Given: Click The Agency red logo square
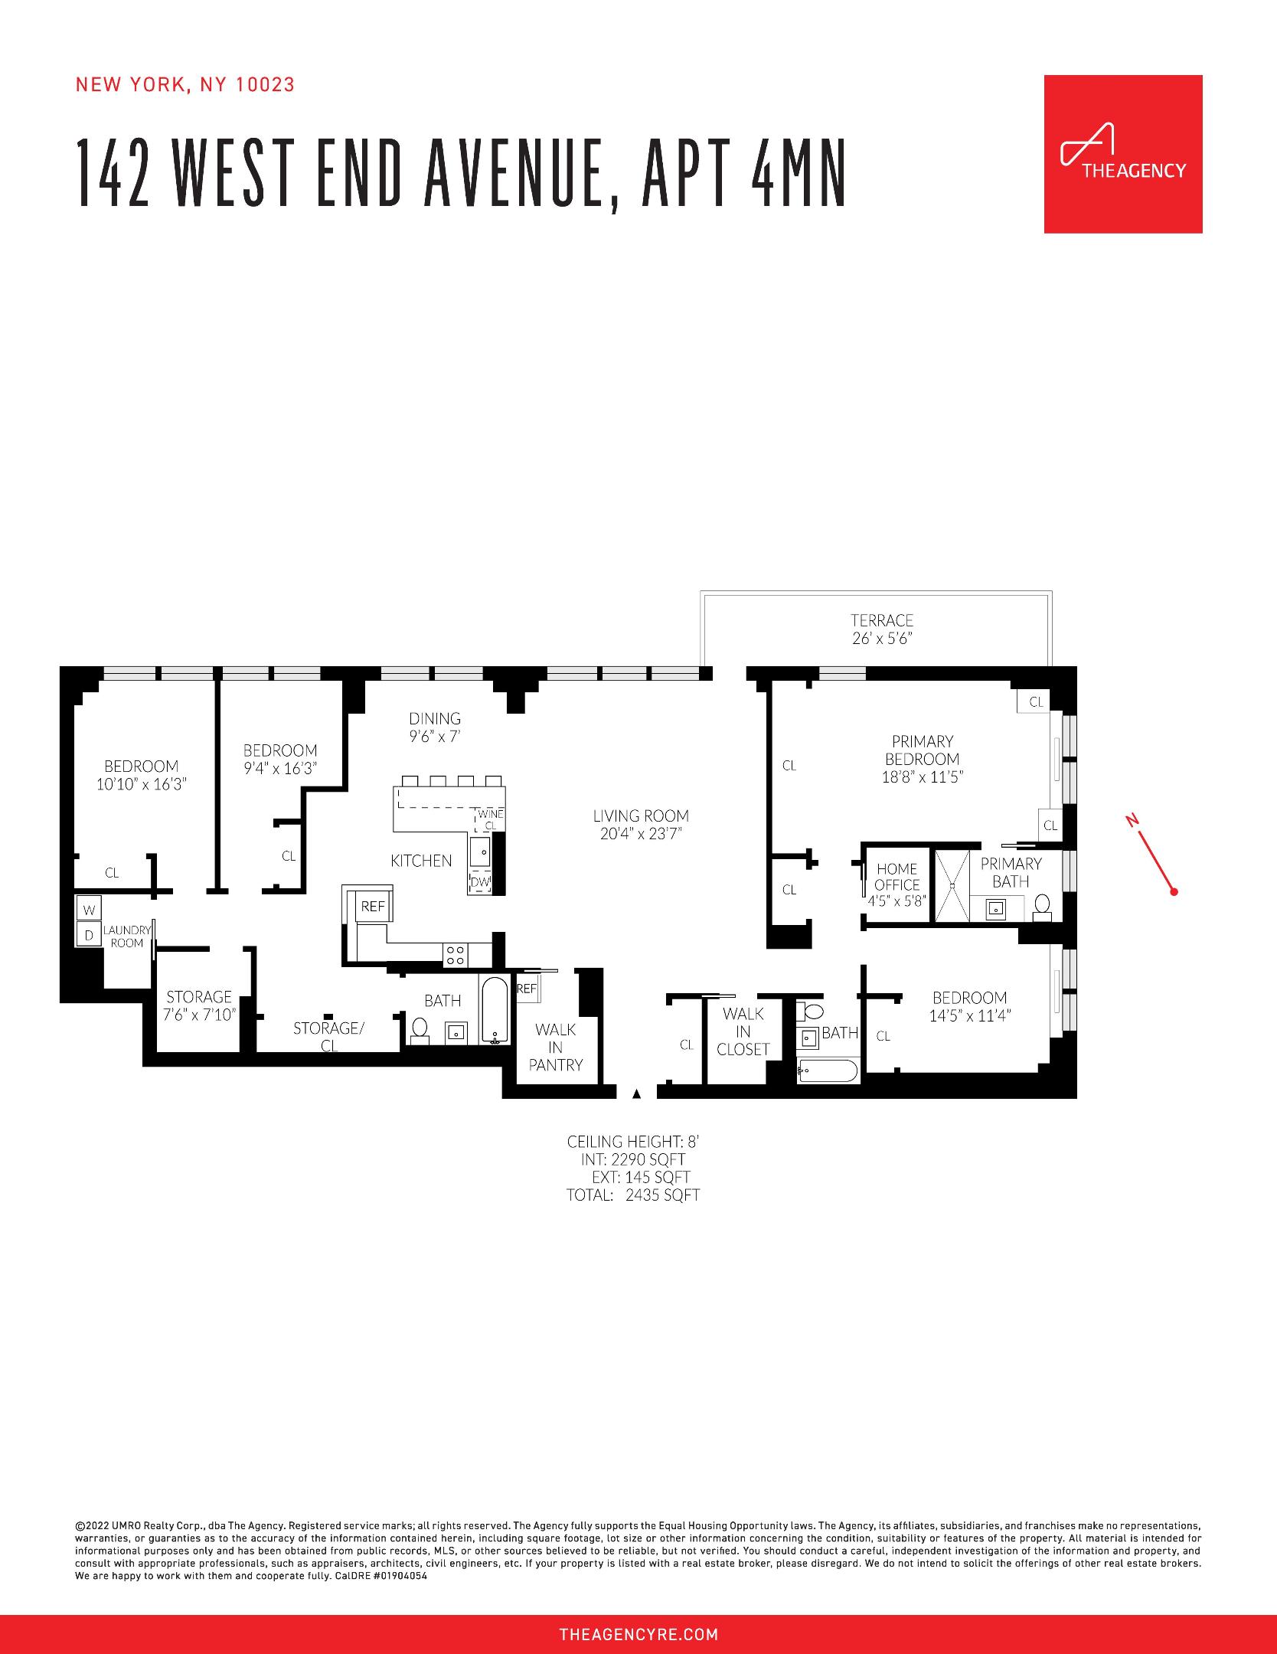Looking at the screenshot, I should click(x=1122, y=154).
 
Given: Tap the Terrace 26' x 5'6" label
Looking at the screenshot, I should click(x=882, y=629).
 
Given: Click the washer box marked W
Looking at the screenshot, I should click(x=89, y=910).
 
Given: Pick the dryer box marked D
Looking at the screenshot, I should click(x=89, y=935).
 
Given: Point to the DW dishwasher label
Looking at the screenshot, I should click(x=480, y=882).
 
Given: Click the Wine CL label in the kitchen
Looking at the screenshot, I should click(x=490, y=819).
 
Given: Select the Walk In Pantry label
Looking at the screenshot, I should click(x=556, y=1047).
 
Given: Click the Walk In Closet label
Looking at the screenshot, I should click(x=743, y=1031).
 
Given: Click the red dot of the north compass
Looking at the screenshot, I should click(x=1174, y=891).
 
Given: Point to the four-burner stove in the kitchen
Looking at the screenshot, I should click(x=456, y=954).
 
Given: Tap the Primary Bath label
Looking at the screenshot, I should click(x=1011, y=872).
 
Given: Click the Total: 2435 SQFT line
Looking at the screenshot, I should click(x=632, y=1195).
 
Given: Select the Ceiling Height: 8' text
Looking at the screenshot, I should click(x=632, y=1142).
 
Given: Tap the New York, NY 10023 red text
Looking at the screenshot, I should click(x=185, y=85).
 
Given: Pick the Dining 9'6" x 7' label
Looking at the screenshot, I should click(x=434, y=727).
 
